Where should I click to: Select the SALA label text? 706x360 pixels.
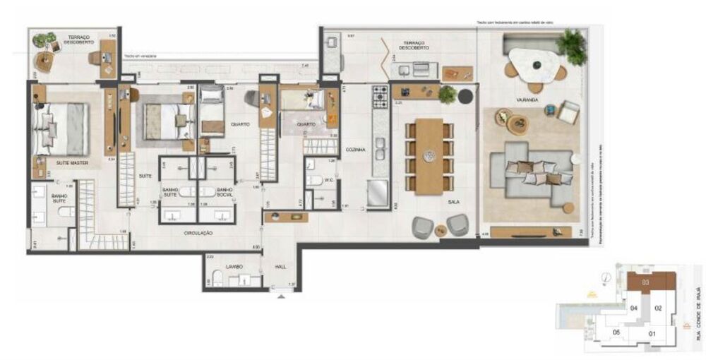point(453,202)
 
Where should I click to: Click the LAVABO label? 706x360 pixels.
point(234,266)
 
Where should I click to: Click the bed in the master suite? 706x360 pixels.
point(62,127)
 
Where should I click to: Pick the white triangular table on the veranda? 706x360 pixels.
point(535,61)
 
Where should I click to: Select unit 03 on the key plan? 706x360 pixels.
point(645,282)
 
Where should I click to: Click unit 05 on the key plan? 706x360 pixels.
point(616,332)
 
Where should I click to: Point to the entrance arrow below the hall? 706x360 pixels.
point(282,297)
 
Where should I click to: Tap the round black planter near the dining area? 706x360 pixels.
point(465,96)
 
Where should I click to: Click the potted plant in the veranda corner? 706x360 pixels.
point(571,46)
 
